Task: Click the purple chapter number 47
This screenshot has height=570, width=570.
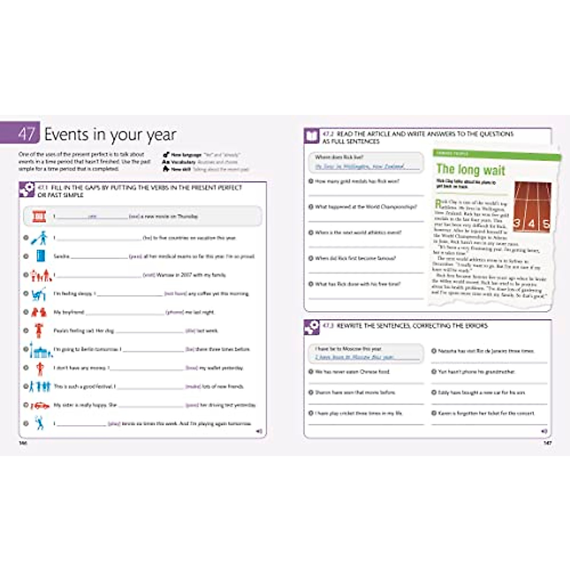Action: click(26, 134)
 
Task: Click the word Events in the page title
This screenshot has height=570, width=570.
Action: click(67, 134)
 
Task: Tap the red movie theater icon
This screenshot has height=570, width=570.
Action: click(39, 217)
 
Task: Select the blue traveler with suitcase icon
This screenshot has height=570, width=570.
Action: click(40, 238)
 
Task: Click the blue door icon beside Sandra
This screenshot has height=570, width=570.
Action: click(41, 256)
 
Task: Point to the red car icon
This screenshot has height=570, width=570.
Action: click(40, 406)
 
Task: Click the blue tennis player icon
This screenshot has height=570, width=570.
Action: click(39, 423)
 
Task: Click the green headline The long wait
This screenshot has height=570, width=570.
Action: click(470, 170)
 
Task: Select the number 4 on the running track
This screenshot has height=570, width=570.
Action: click(532, 224)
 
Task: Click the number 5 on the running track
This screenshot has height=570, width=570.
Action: click(546, 224)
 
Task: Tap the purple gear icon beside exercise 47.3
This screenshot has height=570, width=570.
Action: click(312, 327)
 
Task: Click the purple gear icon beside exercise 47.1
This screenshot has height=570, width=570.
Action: click(27, 190)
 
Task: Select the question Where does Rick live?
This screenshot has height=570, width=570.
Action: click(339, 157)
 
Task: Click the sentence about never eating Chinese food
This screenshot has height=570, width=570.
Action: click(352, 372)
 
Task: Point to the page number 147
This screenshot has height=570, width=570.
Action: click(547, 443)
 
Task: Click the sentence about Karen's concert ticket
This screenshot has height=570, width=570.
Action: click(485, 413)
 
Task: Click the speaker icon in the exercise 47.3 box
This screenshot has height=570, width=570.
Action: click(544, 431)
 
